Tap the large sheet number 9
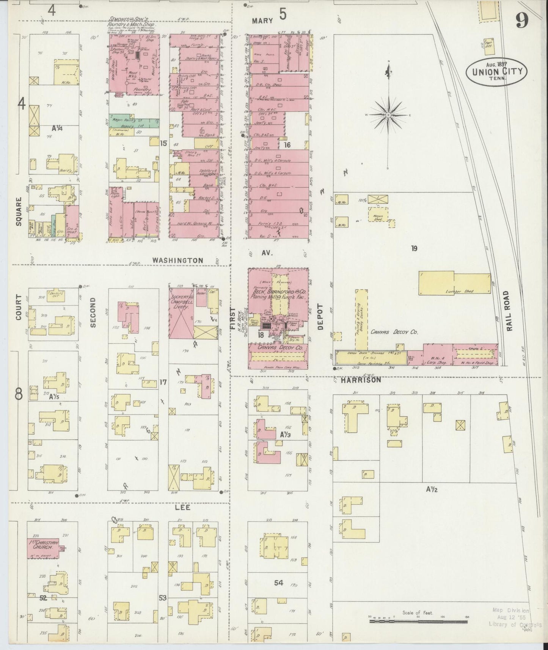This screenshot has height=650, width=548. tap(522, 22)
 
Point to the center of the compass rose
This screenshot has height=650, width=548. tap(388, 115)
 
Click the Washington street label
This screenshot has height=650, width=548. tap(178, 261)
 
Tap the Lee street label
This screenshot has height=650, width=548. tap(182, 507)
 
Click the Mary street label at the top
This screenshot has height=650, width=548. tap(262, 21)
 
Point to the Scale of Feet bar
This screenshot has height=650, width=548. tap(418, 621)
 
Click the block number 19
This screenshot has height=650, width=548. tap(414, 248)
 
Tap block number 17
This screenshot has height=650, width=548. tap(163, 382)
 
